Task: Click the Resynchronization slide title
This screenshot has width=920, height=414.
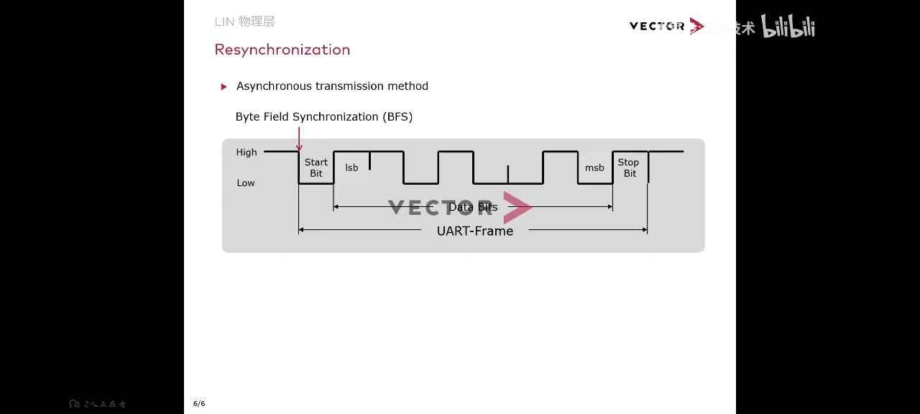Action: [282, 50]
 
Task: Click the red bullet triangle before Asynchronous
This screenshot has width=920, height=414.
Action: [224, 87]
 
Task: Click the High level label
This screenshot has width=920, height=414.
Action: [247, 152]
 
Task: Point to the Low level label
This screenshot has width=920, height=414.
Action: [246, 183]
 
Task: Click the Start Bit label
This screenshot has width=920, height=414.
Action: [316, 167]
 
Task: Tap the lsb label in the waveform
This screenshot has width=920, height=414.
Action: [351, 167]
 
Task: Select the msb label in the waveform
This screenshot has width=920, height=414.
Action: [594, 167]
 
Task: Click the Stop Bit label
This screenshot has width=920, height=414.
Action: [629, 167]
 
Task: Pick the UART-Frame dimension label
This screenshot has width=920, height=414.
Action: [475, 231]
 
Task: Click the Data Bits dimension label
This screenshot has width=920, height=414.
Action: [473, 207]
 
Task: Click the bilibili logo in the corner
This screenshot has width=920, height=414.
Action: [788, 27]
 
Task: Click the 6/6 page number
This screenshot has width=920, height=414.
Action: [199, 403]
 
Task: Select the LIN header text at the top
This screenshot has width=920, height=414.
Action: [244, 22]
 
